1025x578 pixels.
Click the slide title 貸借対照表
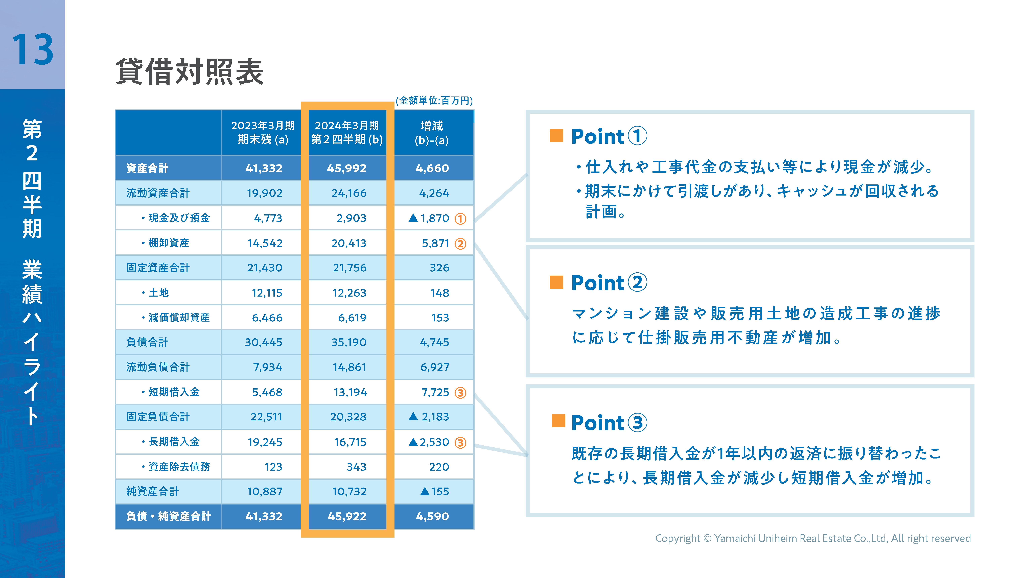(189, 72)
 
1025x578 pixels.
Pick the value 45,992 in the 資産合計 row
(347, 168)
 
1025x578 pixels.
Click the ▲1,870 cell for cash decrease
(429, 218)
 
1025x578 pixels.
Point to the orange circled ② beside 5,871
(460, 244)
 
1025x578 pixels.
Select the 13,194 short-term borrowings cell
(350, 392)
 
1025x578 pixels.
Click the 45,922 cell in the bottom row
(347, 516)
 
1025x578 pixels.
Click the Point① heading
(609, 136)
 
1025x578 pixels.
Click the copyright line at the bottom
(813, 538)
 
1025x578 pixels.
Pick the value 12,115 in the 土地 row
(267, 293)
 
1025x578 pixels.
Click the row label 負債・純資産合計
(168, 516)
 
